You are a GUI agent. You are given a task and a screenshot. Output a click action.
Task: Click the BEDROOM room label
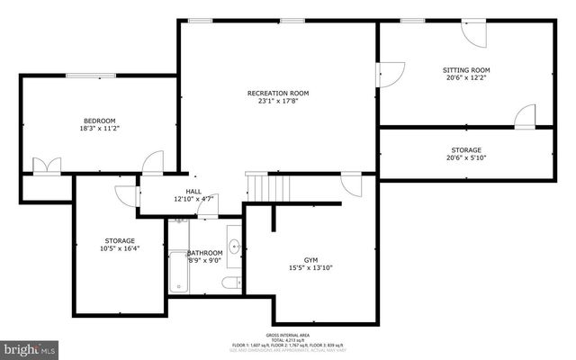coord(100,121)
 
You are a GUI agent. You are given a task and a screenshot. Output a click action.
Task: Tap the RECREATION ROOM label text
coord(278,93)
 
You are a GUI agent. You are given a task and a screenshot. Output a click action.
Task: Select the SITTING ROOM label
coord(465,69)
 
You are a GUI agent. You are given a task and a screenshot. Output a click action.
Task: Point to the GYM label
coord(310,257)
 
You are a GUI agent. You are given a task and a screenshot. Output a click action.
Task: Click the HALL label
coord(193,191)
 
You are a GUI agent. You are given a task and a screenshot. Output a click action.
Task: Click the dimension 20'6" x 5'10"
coord(465,159)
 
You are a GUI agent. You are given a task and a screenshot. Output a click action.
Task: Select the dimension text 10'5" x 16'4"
coord(119,250)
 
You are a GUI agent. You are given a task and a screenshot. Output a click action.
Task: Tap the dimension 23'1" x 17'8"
coord(278,102)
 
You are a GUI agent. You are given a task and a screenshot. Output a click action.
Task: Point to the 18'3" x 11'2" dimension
coord(100,130)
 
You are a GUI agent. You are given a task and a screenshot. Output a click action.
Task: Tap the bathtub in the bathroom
coord(178,272)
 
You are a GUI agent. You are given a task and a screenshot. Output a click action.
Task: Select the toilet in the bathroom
coord(231,283)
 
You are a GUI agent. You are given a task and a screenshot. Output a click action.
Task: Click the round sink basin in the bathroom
coord(234,244)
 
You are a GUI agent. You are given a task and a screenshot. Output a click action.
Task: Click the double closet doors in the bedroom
coord(44,166)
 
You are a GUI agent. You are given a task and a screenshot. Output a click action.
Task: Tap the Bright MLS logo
coord(30,347)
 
